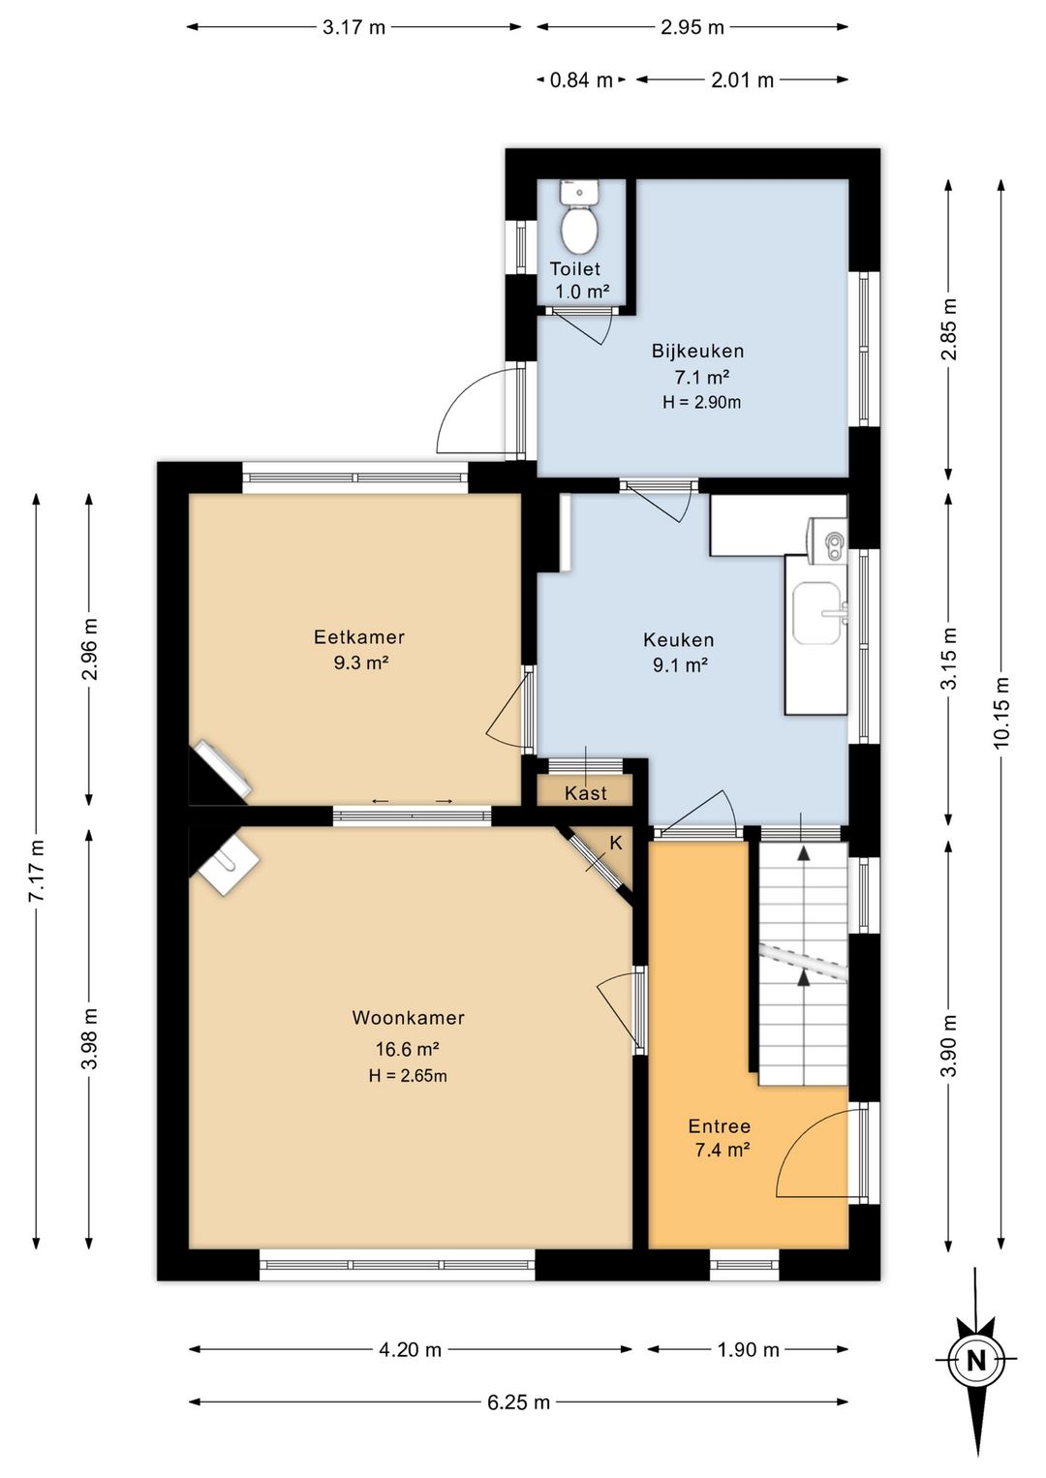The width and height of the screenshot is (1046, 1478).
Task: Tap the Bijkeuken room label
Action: [697, 351]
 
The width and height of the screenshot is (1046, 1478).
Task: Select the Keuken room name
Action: [678, 639]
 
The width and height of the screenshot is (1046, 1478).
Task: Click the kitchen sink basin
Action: [818, 613]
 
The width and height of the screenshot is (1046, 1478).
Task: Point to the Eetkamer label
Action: [359, 636]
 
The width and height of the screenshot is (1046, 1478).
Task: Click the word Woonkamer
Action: [408, 1017]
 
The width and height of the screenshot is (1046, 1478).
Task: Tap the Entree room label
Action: [720, 1126]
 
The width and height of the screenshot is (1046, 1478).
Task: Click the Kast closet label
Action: [585, 792]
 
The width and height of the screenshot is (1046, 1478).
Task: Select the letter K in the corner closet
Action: [616, 843]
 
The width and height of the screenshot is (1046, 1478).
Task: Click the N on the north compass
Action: [975, 1360]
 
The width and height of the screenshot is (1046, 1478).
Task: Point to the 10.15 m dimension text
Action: [1001, 712]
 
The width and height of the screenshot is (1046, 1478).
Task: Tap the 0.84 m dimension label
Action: [581, 79]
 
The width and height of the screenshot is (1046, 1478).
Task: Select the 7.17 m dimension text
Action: [37, 871]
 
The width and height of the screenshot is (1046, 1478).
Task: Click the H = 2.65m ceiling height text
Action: [408, 1075]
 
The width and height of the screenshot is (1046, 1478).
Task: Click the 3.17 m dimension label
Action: [354, 27]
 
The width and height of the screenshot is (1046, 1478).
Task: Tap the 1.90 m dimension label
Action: [748, 1349]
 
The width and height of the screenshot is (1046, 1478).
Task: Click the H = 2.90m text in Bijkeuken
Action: [701, 402]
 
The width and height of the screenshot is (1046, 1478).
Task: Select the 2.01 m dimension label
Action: [742, 79]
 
